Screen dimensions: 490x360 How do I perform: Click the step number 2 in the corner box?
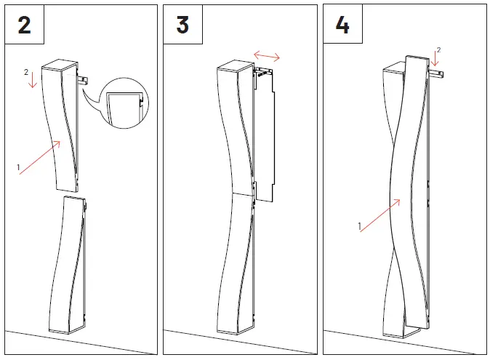click(x=25, y=25)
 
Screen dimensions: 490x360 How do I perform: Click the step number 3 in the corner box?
click(x=182, y=25)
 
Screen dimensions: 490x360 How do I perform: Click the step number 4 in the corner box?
click(x=342, y=25)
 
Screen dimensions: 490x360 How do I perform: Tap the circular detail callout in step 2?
click(x=125, y=103)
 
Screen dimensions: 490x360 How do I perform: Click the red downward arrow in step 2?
click(x=33, y=80)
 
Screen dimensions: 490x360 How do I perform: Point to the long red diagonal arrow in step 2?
click(x=40, y=157)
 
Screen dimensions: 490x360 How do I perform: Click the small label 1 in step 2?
click(x=18, y=167)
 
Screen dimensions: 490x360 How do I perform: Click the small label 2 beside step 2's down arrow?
click(x=26, y=72)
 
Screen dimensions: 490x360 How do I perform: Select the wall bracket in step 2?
click(x=83, y=80)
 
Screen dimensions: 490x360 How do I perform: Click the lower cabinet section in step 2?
click(x=68, y=264)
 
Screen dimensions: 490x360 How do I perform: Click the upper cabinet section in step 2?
click(x=60, y=125)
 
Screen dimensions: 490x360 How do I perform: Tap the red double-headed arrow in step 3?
click(x=267, y=56)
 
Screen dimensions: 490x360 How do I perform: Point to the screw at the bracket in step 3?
click(x=263, y=73)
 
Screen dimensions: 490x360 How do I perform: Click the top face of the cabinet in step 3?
click(x=235, y=65)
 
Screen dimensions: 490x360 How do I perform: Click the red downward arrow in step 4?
click(x=435, y=60)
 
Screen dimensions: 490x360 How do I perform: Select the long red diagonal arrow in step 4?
click(x=380, y=215)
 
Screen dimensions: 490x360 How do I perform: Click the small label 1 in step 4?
click(x=359, y=226)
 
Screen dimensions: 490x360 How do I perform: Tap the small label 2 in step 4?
click(x=439, y=50)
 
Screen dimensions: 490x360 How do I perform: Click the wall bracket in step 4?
click(x=436, y=74)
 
